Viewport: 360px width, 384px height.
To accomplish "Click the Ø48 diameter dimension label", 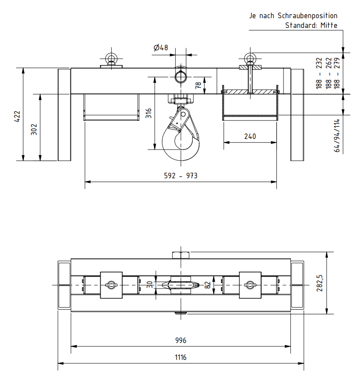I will click(x=161, y=48).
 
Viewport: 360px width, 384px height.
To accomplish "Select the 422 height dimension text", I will click(x=17, y=116).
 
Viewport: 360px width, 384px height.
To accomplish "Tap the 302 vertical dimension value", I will click(x=34, y=129).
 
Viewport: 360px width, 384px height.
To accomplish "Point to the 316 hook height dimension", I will click(x=148, y=113).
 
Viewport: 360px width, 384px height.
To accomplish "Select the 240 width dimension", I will click(x=250, y=136).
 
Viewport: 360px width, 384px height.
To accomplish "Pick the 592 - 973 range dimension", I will click(x=181, y=176).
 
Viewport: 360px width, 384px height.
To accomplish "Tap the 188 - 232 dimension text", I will click(x=319, y=73).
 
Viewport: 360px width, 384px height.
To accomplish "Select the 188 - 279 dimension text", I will click(x=337, y=73).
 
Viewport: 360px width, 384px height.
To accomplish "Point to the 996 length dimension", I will click(x=181, y=340).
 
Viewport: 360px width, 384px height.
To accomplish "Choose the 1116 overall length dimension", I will click(x=181, y=357).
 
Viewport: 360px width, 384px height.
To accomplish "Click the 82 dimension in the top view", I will click(x=207, y=285).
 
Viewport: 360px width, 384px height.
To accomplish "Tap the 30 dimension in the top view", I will click(x=149, y=285).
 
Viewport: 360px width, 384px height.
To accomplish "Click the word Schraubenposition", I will click(x=307, y=16).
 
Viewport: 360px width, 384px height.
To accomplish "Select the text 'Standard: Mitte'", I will click(x=311, y=25).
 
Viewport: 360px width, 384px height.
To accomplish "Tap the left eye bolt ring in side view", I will click(x=111, y=57).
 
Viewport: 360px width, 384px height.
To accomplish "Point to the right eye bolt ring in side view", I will click(x=250, y=57).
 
